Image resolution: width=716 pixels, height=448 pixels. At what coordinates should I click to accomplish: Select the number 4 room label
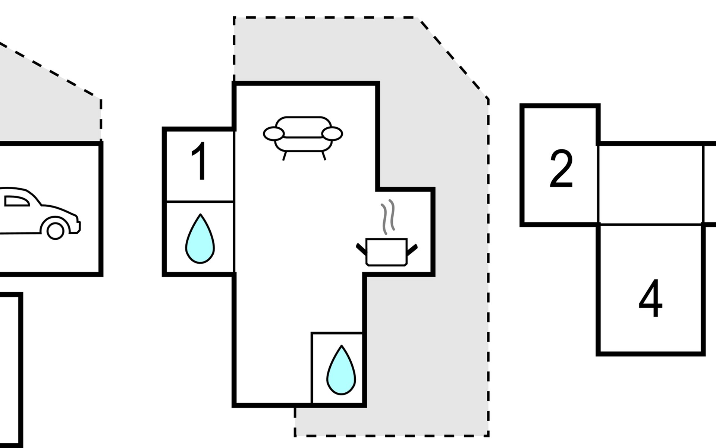tap(651, 299)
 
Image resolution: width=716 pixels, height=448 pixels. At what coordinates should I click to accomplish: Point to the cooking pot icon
tap(386, 252)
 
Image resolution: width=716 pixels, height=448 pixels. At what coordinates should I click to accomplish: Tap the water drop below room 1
tap(200, 240)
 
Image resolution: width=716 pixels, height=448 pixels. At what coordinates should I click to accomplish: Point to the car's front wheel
tap(55, 230)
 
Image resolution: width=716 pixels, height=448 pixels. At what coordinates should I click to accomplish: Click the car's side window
tap(16, 202)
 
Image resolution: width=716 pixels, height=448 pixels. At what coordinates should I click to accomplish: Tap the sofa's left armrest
tap(273, 134)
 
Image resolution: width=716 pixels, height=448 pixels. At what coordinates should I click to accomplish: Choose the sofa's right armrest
tap(332, 134)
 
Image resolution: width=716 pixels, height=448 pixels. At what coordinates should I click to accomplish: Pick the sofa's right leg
tap(324, 156)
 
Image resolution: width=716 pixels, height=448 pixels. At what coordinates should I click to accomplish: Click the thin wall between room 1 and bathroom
tap(200, 202)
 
